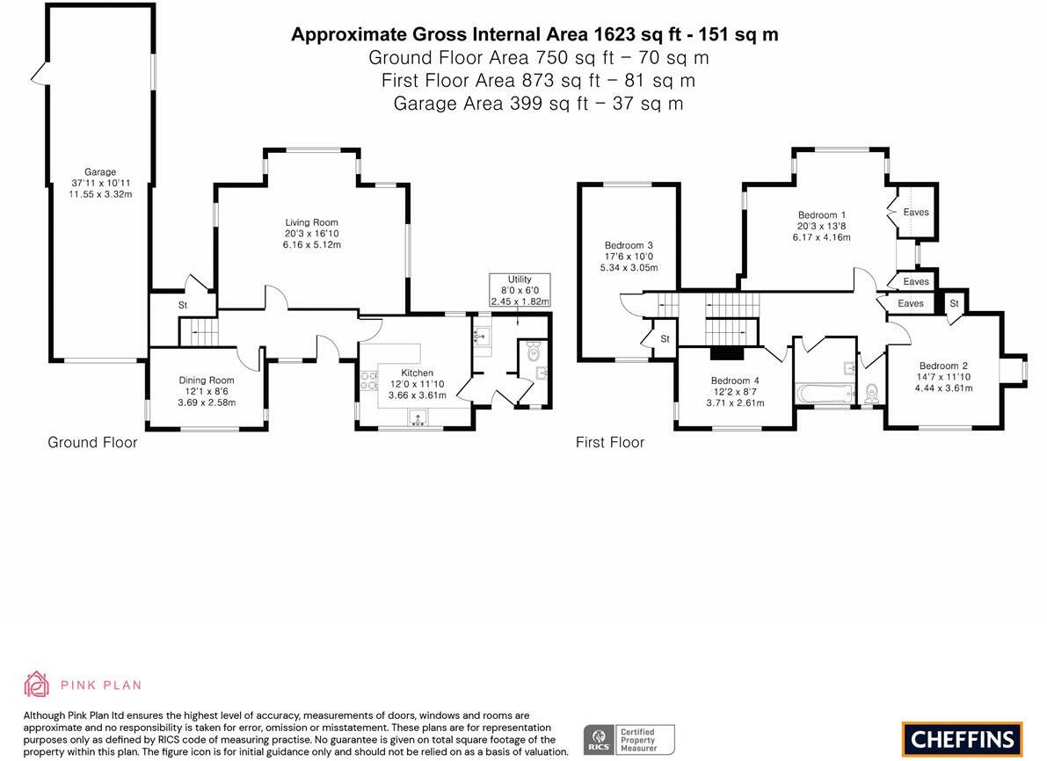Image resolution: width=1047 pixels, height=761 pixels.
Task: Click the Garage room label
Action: tap(100, 171)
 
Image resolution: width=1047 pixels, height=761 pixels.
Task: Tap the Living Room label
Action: tap(312, 222)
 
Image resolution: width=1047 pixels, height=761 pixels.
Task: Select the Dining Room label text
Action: tap(207, 380)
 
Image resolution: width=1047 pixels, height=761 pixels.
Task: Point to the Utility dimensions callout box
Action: tap(520, 290)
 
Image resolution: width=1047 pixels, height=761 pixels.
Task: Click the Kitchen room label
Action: tap(418, 373)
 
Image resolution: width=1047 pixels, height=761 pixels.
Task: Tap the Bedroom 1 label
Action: tap(822, 215)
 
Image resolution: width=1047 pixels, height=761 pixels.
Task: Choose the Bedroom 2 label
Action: tap(943, 366)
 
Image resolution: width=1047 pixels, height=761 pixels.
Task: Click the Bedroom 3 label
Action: tap(629, 245)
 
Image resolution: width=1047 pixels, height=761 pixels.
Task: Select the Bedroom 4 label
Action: tap(735, 380)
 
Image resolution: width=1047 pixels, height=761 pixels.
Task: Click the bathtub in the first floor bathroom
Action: tap(825, 393)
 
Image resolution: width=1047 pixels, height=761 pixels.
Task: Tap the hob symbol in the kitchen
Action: tap(368, 381)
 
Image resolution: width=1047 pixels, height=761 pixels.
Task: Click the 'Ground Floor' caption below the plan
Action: tap(92, 443)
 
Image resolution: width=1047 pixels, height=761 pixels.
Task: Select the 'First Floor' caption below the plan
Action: tap(609, 443)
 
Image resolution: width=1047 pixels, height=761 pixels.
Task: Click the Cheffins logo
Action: tap(963, 739)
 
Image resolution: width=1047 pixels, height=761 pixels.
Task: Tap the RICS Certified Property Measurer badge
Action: tap(629, 740)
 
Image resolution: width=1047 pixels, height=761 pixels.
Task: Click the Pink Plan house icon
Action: tap(37, 685)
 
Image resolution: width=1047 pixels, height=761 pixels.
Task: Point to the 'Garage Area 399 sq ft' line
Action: tap(538, 104)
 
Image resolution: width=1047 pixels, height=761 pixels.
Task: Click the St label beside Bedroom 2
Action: tap(954, 303)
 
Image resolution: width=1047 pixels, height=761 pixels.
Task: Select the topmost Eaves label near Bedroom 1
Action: tap(916, 212)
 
